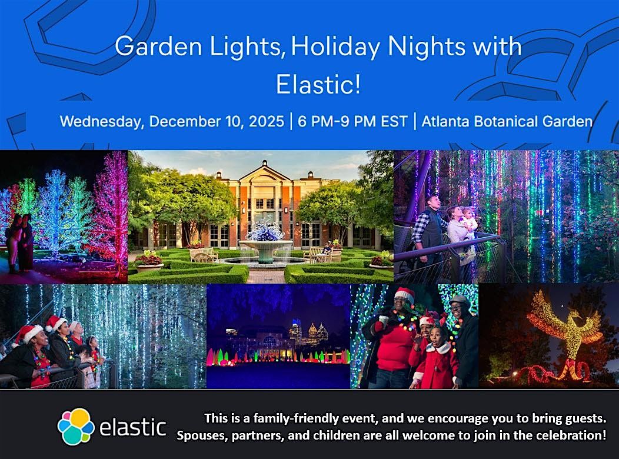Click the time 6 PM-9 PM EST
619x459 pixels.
tap(352, 122)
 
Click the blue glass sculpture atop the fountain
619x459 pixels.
tap(265, 232)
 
